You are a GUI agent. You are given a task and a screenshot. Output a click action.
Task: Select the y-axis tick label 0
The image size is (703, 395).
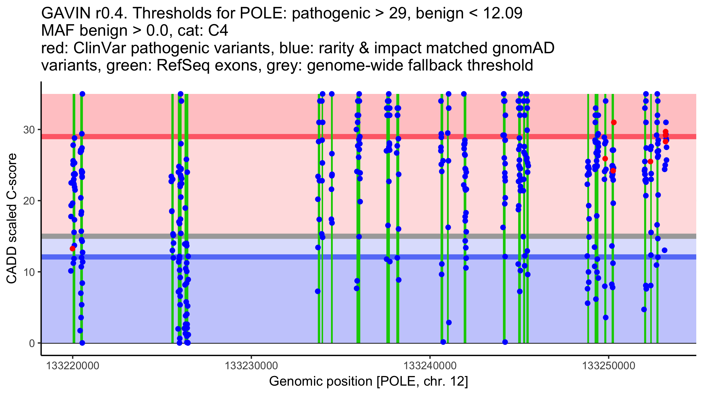coord(32,343)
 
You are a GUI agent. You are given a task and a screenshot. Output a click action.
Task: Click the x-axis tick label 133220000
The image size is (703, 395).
coord(73,366)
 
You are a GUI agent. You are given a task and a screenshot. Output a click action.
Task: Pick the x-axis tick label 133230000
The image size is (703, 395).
coord(251,366)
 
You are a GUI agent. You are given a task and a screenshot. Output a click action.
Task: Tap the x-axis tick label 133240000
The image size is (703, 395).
coord(430,366)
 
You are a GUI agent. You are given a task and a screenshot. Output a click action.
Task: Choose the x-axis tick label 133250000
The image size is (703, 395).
coord(609,366)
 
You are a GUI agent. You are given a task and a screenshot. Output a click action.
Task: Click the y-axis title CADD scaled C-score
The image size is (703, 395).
coord(12,219)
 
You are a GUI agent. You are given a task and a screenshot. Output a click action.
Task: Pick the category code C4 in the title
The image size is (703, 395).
coord(218,30)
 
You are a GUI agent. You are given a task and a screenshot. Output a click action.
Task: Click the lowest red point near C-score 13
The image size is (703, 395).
coord(72,249)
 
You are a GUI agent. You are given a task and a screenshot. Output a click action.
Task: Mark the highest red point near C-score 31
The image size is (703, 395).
coord(614,122)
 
